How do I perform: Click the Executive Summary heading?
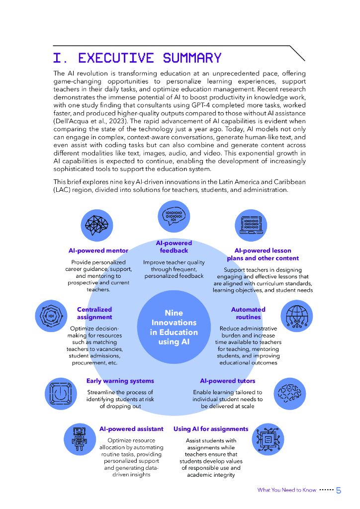(137, 58)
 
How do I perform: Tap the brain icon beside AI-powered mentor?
(96, 225)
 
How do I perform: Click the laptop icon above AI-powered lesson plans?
(251, 225)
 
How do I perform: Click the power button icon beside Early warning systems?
(61, 393)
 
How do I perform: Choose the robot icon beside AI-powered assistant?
(80, 439)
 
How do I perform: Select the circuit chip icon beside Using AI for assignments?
(269, 439)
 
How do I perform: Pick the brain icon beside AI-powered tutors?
(289, 393)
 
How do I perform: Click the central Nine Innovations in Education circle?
(174, 328)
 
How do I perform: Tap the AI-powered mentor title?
(98, 251)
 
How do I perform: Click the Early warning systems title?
(120, 381)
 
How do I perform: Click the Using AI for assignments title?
(211, 429)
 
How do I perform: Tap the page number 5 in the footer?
(339, 491)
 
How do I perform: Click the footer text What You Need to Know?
(286, 490)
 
